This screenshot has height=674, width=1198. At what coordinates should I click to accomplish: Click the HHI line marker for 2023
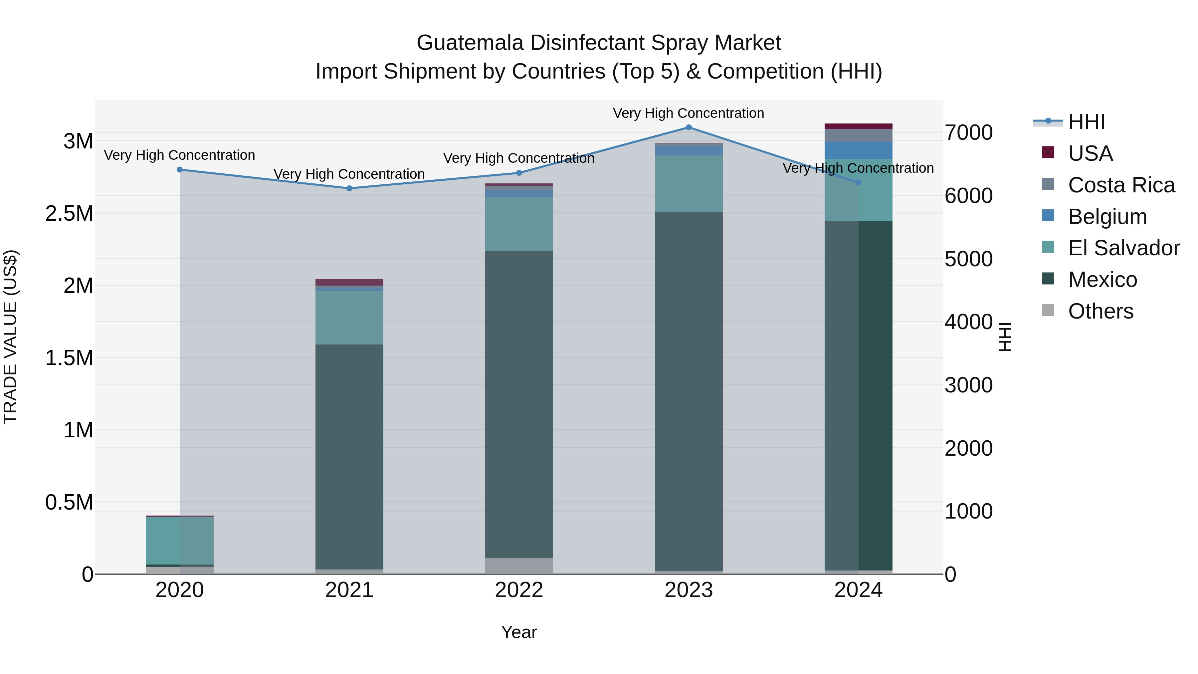689,127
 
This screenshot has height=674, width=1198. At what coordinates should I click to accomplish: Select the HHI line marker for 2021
349,188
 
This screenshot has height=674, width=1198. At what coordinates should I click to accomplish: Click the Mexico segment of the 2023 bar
689,391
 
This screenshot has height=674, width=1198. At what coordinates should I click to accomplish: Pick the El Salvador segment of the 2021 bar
349,318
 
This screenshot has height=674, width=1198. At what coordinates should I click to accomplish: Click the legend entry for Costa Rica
1121,185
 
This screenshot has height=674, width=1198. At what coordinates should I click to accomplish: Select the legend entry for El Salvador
1123,248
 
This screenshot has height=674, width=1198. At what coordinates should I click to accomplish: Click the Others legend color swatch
1048,310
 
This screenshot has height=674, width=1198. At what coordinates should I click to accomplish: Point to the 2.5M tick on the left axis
69,213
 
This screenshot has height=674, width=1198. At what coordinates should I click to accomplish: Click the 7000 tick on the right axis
968,132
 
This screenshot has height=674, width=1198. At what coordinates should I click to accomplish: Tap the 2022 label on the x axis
519,590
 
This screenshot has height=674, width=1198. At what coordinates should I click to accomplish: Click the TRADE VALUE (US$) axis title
10,337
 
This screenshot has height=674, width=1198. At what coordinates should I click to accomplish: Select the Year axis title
519,632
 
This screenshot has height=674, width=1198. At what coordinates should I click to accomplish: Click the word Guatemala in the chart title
470,43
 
